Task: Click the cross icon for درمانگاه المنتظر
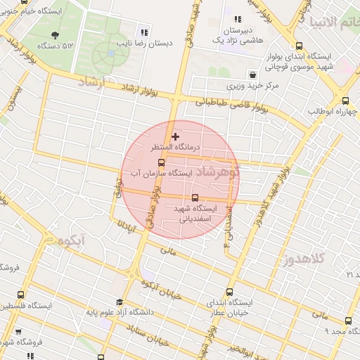click(175, 136)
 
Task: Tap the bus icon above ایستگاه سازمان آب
click(161, 162)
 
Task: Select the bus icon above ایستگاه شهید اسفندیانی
click(195, 198)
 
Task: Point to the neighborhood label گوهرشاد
click(216, 172)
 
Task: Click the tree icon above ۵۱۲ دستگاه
click(56, 34)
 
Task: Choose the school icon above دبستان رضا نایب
click(145, 32)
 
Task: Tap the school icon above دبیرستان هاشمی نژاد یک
click(238, 20)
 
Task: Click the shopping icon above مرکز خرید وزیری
click(252, 75)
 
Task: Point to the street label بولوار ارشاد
click(150, 88)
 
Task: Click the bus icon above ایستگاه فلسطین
click(20, 295)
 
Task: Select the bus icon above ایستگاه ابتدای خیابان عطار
click(229, 292)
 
